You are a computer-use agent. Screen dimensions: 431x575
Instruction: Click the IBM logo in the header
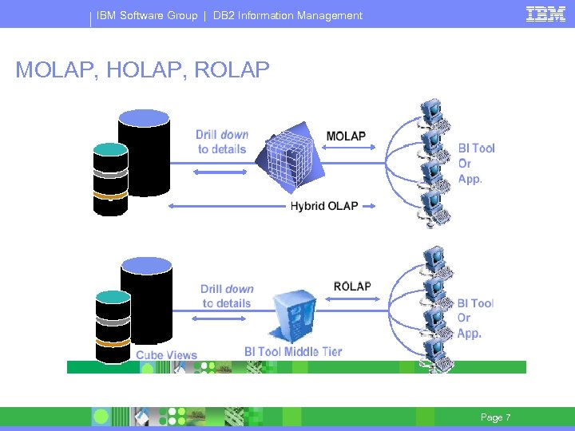[545, 14]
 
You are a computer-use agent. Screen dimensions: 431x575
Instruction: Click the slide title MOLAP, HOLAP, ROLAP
[142, 70]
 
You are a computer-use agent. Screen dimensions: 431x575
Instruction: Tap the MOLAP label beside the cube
[346, 136]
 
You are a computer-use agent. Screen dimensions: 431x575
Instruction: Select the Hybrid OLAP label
[324, 206]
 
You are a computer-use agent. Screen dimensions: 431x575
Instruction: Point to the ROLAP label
[351, 287]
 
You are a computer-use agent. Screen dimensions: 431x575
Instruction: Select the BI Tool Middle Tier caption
[293, 352]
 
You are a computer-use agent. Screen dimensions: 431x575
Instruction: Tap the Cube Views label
[166, 354]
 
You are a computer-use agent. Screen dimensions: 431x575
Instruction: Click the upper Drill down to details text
[223, 142]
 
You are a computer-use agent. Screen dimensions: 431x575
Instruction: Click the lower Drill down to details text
[227, 296]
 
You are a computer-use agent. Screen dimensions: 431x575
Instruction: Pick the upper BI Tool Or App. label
[476, 164]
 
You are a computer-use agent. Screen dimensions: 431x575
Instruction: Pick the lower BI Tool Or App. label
[475, 318]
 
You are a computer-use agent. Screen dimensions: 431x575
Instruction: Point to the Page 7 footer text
[495, 417]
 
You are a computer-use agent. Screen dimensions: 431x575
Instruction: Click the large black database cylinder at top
[144, 152]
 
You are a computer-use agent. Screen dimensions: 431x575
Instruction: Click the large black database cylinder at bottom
[146, 299]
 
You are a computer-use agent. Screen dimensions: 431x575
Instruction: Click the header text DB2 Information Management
[287, 15]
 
